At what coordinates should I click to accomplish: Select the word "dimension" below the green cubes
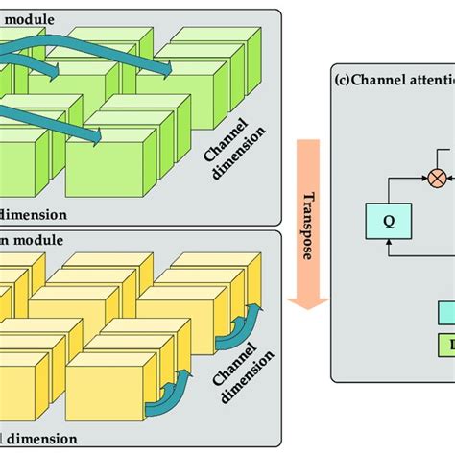pyautogui.click(x=34, y=214)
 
